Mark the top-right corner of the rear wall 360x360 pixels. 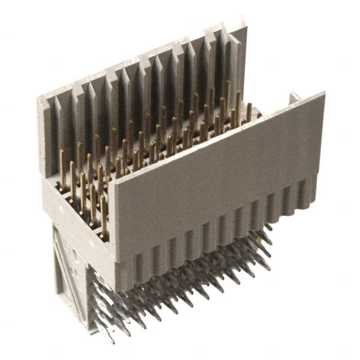[x=246, y=24]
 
